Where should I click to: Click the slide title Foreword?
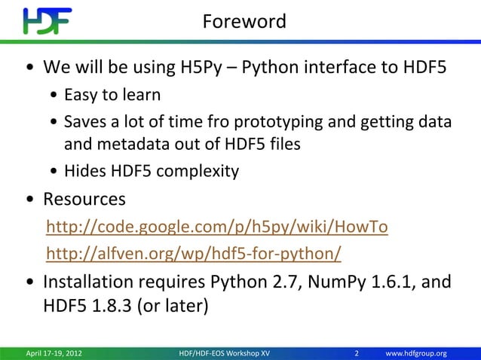coord(244,22)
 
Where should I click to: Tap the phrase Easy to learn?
coord(112,96)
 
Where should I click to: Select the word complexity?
coord(201,171)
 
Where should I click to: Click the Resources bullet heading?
coord(84,200)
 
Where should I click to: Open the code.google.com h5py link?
coord(217,227)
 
